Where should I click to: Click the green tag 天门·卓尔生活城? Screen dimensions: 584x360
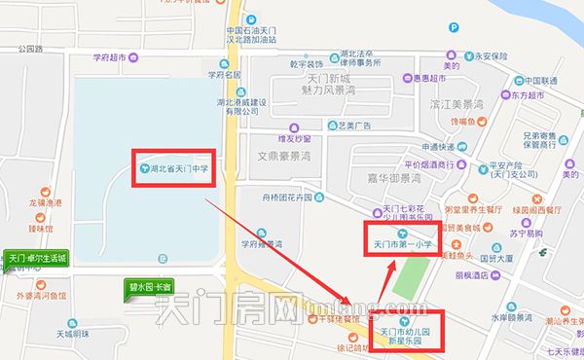tap(37, 259)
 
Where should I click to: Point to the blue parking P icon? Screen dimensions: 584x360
tap(452, 56)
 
